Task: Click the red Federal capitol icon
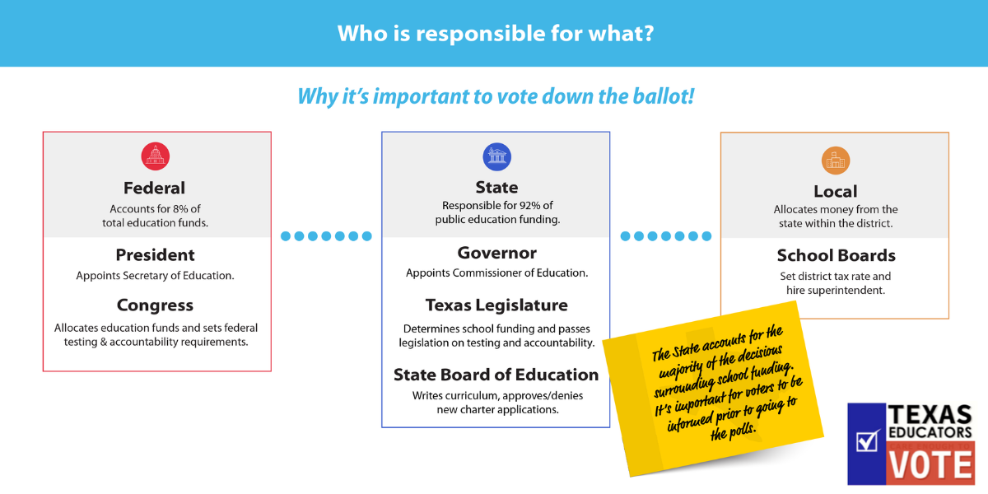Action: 156,156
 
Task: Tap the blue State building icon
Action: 497,156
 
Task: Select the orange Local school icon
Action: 836,161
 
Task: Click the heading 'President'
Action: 155,255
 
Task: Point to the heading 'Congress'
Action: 155,305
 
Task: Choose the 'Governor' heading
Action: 497,253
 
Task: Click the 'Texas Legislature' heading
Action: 496,305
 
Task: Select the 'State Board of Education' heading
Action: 496,375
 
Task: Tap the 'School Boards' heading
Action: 837,255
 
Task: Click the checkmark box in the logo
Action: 867,441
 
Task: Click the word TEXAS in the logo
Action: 930,415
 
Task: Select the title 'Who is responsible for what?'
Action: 496,34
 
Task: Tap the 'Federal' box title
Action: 155,188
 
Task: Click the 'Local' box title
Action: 836,191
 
